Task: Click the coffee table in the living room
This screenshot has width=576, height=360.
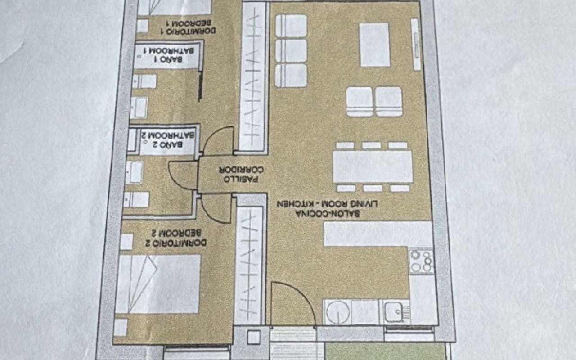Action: coord(374,45)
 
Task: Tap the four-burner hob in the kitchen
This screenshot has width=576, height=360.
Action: coord(422,261)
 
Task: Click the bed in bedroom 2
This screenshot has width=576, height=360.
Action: coord(158,284)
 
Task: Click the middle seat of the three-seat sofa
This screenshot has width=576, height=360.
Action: coord(291,50)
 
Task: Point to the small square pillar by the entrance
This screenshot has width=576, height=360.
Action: coord(254,337)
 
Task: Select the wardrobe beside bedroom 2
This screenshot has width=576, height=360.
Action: coord(249,265)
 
